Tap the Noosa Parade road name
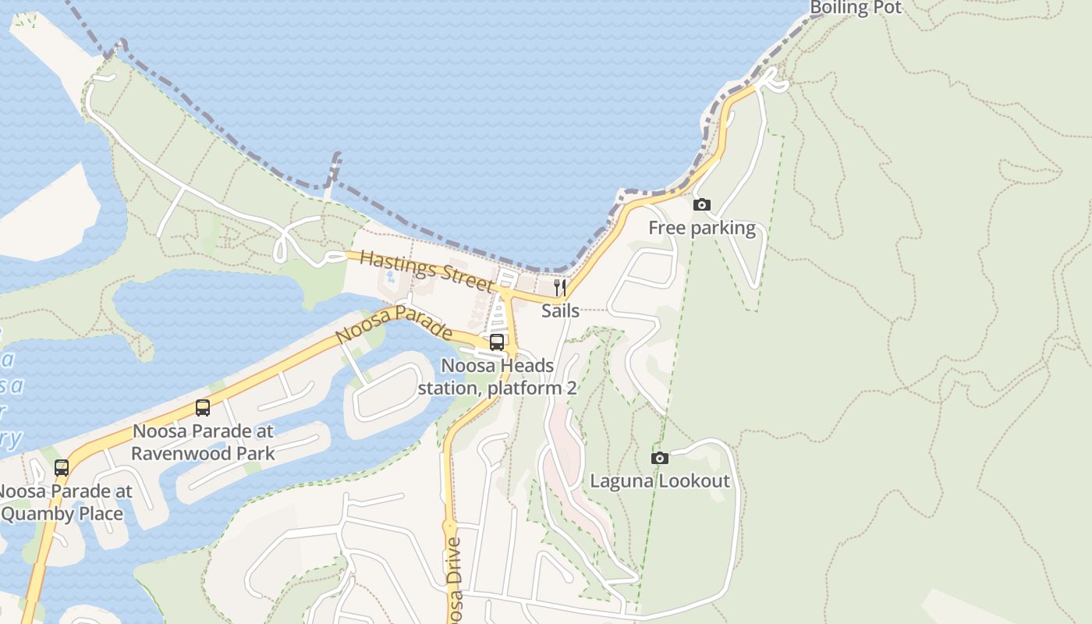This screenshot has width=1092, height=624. pos(394,324)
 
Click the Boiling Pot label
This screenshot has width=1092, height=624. pos(855,9)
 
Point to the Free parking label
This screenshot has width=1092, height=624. pos(702,228)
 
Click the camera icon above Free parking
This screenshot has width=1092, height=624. pos(702,204)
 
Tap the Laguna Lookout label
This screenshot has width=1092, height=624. pos(660,480)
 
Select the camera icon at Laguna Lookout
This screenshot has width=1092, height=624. pos(660,458)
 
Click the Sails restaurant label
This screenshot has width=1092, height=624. pos(560,310)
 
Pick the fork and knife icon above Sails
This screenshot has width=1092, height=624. pos(560,288)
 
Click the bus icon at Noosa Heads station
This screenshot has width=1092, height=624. pos(497,342)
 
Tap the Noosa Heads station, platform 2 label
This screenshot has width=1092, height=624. pos(498,377)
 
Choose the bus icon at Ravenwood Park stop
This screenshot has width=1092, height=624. pos(203,407)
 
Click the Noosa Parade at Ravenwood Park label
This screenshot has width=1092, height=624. pos(203,442)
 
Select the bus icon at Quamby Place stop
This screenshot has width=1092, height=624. pos(61,468)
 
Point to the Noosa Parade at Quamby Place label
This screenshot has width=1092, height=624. pos(64,503)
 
